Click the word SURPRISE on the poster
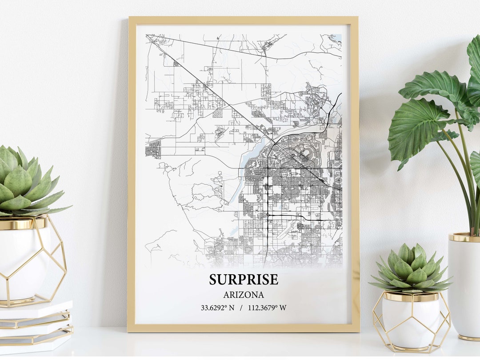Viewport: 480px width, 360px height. (x=244, y=280)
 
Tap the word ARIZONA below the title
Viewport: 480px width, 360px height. (x=244, y=295)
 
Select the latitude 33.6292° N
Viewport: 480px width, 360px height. (x=217, y=307)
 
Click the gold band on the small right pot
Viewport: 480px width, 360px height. (x=410, y=296)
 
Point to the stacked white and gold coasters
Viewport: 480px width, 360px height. (x=36, y=327)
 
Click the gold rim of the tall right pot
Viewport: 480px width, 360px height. (x=464, y=237)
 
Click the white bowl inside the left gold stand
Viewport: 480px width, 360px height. (x=22, y=262)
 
